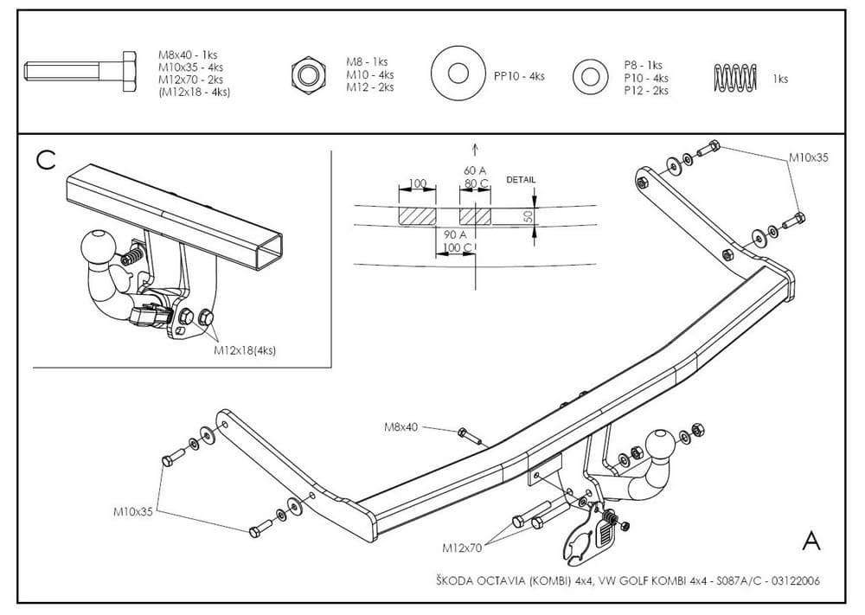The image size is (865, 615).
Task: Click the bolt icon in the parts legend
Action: pyautogui.click(x=80, y=70)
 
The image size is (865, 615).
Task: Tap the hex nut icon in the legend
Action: pyautogui.click(x=307, y=74)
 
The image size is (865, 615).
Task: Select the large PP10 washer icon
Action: pyautogui.click(x=458, y=74)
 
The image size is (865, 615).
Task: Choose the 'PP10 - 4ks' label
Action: pyautogui.click(x=519, y=76)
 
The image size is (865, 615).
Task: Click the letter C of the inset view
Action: pyautogui.click(x=46, y=159)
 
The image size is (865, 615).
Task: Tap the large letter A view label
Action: pyautogui.click(x=811, y=541)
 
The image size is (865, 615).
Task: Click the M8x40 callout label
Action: pyautogui.click(x=400, y=426)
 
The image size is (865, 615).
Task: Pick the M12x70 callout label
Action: pyautogui.click(x=461, y=548)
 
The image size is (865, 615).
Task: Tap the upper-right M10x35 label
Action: pyautogui.click(x=809, y=158)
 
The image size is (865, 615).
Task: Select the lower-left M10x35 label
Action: pyautogui.click(x=133, y=511)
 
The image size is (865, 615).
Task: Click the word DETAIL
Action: pyautogui.click(x=521, y=180)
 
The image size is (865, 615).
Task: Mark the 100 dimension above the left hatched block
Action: pyautogui.click(x=417, y=183)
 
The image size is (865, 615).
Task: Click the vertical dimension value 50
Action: pyautogui.click(x=529, y=216)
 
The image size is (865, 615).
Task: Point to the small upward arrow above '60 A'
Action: pyautogui.click(x=475, y=150)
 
